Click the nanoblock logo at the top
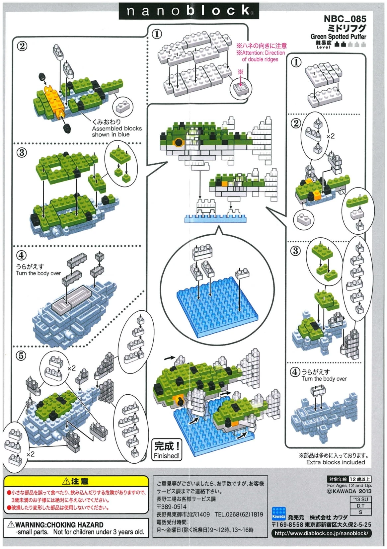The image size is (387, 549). pyautogui.click(x=189, y=11)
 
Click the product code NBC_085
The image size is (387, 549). pyautogui.click(x=345, y=19)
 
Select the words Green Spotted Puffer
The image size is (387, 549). pyautogui.click(x=338, y=37)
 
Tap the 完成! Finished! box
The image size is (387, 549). pyautogui.click(x=167, y=450)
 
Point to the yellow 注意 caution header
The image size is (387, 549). pyautogui.click(x=76, y=481)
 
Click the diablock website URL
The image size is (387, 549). pyautogui.click(x=321, y=533)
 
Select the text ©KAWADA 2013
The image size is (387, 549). pyautogui.click(x=349, y=491)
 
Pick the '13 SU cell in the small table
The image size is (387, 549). pyautogui.click(x=360, y=499)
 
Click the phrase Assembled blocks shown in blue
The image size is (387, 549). pyautogui.click(x=116, y=131)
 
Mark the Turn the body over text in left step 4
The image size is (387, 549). pyautogui.click(x=38, y=273)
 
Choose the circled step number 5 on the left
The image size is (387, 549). pyautogui.click(x=21, y=356)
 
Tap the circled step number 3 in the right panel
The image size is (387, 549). pyautogui.click(x=295, y=251)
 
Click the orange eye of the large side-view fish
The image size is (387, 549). pyautogui.click(x=179, y=143)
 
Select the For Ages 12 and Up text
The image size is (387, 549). pyautogui.click(x=349, y=485)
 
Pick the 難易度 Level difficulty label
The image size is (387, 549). pyautogui.click(x=323, y=44)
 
